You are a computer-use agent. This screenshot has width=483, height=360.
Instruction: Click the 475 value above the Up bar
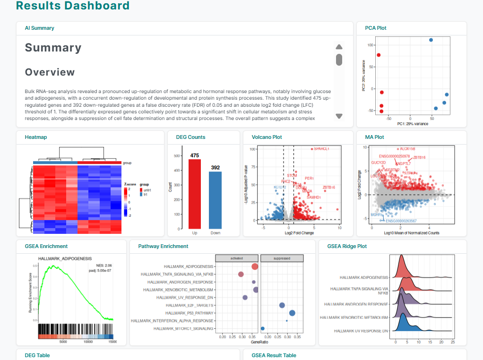click(195, 155)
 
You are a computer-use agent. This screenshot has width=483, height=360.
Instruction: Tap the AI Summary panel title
click(39, 28)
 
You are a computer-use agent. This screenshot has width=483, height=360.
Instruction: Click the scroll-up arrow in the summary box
click(339, 47)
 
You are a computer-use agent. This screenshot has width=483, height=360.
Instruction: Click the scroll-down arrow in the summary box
click(339, 116)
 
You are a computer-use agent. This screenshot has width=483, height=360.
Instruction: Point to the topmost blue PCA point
click(431, 40)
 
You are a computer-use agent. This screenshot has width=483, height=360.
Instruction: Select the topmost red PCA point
click(379, 55)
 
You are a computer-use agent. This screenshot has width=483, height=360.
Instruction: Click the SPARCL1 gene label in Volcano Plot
click(321, 149)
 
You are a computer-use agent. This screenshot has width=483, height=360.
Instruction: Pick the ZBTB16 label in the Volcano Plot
click(329, 188)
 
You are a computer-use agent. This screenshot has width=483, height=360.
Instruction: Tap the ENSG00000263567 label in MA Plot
click(401, 221)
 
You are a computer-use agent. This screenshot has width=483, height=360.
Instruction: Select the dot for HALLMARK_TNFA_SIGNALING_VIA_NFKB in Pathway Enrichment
click(241, 274)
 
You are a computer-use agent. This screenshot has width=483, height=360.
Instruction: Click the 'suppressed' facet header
click(282, 258)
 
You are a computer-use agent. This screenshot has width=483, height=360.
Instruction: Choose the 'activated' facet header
click(237, 258)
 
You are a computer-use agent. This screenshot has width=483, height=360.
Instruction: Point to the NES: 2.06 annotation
click(103, 265)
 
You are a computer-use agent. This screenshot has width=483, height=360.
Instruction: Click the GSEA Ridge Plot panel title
click(347, 246)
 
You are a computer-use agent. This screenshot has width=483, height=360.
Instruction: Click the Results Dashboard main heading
click(73, 6)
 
